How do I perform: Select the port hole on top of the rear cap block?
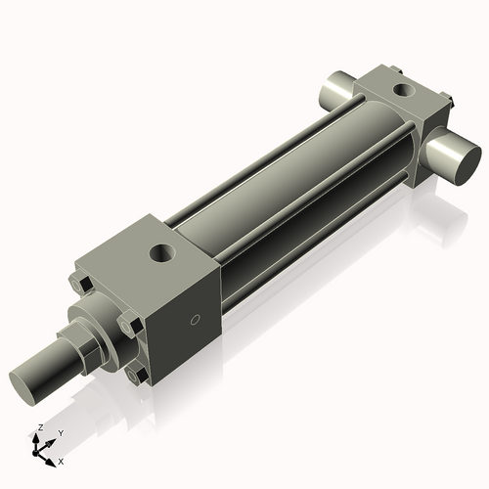(400, 91)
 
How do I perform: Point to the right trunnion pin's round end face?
(459, 160)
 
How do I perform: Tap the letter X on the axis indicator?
(61, 460)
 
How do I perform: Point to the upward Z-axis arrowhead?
(38, 439)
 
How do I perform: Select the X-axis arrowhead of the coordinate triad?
(51, 457)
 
